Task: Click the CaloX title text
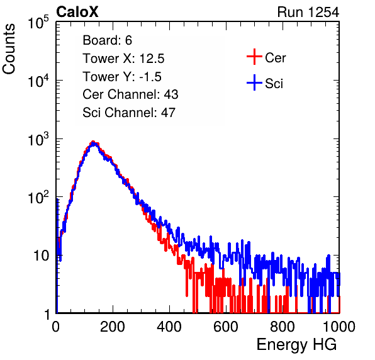coord(77,12)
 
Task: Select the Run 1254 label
coord(308,12)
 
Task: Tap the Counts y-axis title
coord(9,49)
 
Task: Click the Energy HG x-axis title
coord(296,345)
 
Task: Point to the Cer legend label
coord(275,58)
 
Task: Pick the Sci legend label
coord(274,84)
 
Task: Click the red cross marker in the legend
coord(254,57)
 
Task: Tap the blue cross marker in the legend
coord(254,83)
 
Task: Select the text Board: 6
coord(107,40)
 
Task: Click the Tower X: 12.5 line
coord(123,59)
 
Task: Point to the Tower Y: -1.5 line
coord(122,77)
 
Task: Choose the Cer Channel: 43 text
coord(130,94)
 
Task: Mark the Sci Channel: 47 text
coord(129,113)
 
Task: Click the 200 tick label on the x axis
coord(113,327)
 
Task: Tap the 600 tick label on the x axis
coord(226,327)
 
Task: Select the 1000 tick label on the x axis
coord(339,327)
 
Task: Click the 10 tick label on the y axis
coord(41,256)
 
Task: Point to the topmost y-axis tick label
coord(38,23)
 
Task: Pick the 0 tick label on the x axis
coord(56,327)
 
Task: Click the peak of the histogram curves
coord(93,142)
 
